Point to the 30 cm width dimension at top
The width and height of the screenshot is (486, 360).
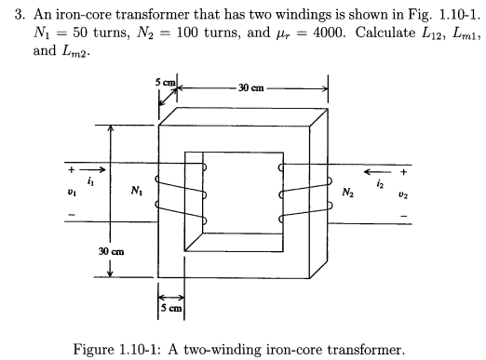pos(252,87)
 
